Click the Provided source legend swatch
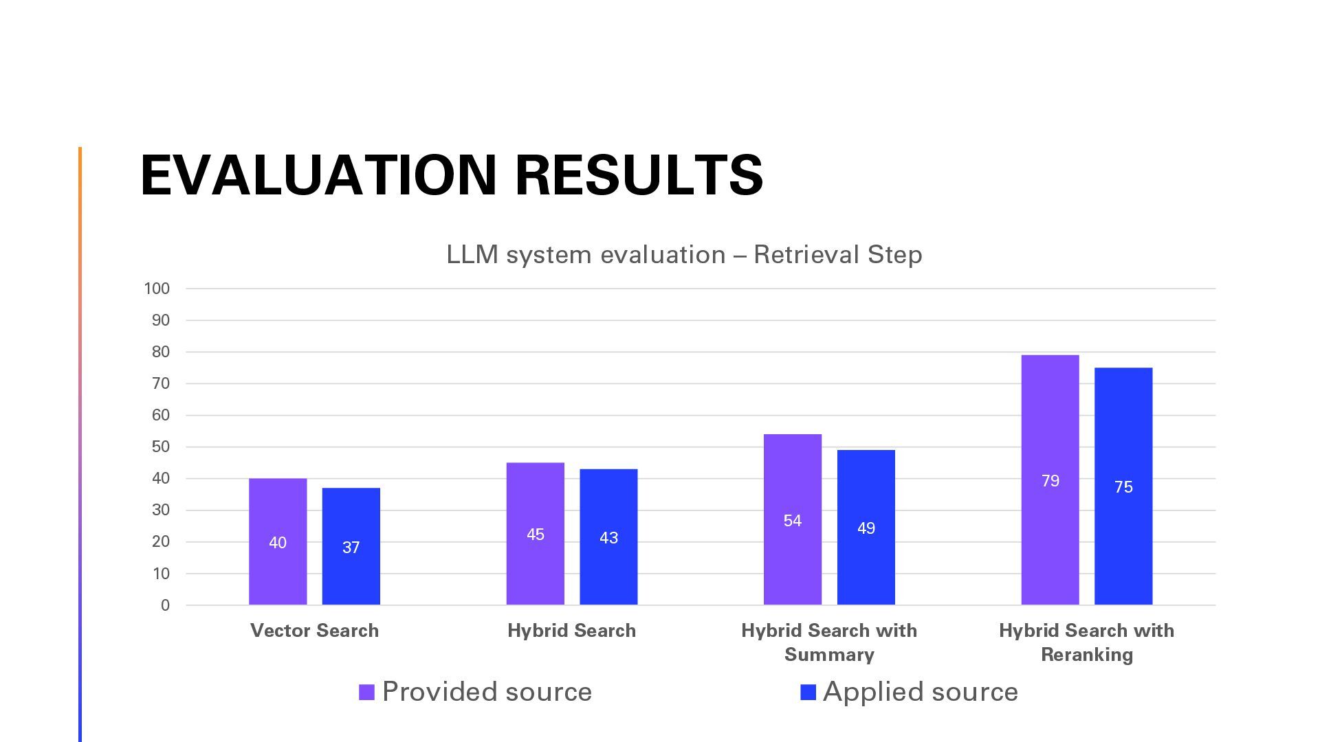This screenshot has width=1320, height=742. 366,693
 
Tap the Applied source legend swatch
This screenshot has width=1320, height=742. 808,693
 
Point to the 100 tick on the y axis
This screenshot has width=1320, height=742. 157,289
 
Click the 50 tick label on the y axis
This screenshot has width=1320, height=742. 161,447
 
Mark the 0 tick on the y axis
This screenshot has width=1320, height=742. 165,605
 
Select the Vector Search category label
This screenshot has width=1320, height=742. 314,631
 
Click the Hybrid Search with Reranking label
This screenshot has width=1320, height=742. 1086,642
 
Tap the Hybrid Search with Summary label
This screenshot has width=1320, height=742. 829,642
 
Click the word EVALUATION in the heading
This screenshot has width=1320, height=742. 318,175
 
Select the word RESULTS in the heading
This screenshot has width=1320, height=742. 639,175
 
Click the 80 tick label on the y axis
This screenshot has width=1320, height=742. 161,352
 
